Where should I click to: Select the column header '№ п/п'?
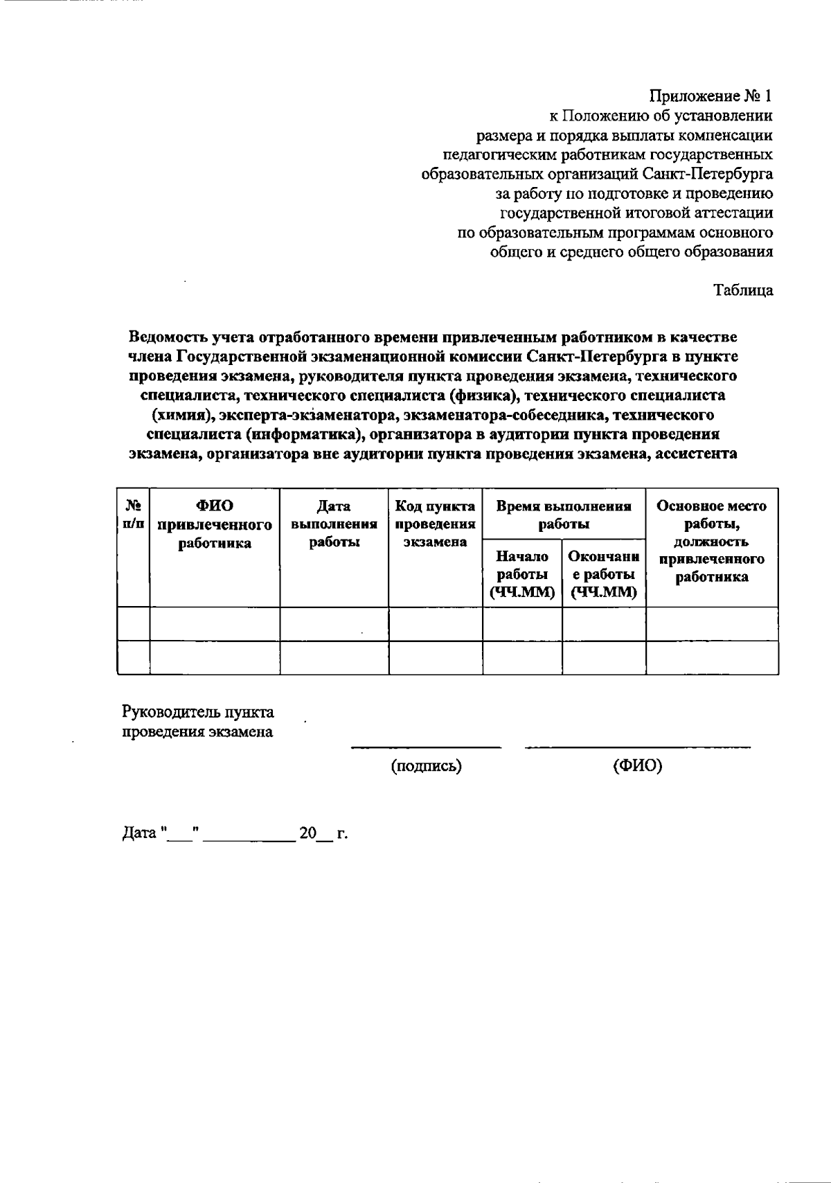pyautogui.click(x=134, y=515)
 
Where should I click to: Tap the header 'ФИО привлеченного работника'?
pyautogui.click(x=215, y=525)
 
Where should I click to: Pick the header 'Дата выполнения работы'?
pyautogui.click(x=334, y=525)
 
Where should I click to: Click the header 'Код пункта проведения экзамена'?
pyautogui.click(x=435, y=525)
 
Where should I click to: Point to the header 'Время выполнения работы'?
pyautogui.click(x=564, y=515)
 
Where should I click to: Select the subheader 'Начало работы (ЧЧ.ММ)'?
pyautogui.click(x=522, y=574)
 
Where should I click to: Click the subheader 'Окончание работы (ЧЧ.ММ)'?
pyautogui.click(x=603, y=574)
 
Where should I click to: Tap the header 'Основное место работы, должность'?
pyautogui.click(x=711, y=542)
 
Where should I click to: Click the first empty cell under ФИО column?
pyautogui.click(x=215, y=624)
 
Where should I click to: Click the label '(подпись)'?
pyautogui.click(x=426, y=766)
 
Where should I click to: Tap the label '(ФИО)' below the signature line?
pyautogui.click(x=637, y=766)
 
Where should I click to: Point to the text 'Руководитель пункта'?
pyautogui.click(x=198, y=713)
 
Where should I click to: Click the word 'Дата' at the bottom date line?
pyautogui.click(x=139, y=833)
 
